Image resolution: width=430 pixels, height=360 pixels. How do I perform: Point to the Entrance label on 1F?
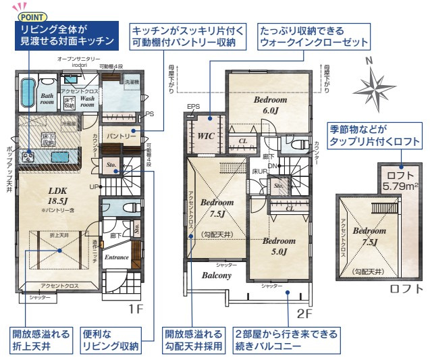(x=117, y=257)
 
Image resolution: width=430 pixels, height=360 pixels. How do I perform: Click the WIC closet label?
(x=205, y=136)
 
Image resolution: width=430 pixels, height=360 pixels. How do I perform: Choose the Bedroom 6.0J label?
(x=270, y=105)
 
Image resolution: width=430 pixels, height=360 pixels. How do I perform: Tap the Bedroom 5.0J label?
(x=279, y=246)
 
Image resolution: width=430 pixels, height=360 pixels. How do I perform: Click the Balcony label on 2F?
(x=217, y=275)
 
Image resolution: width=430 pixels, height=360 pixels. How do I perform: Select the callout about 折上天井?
(x=41, y=340)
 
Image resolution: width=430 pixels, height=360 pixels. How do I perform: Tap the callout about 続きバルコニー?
(x=286, y=340)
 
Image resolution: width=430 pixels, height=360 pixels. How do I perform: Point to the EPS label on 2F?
(x=194, y=107)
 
